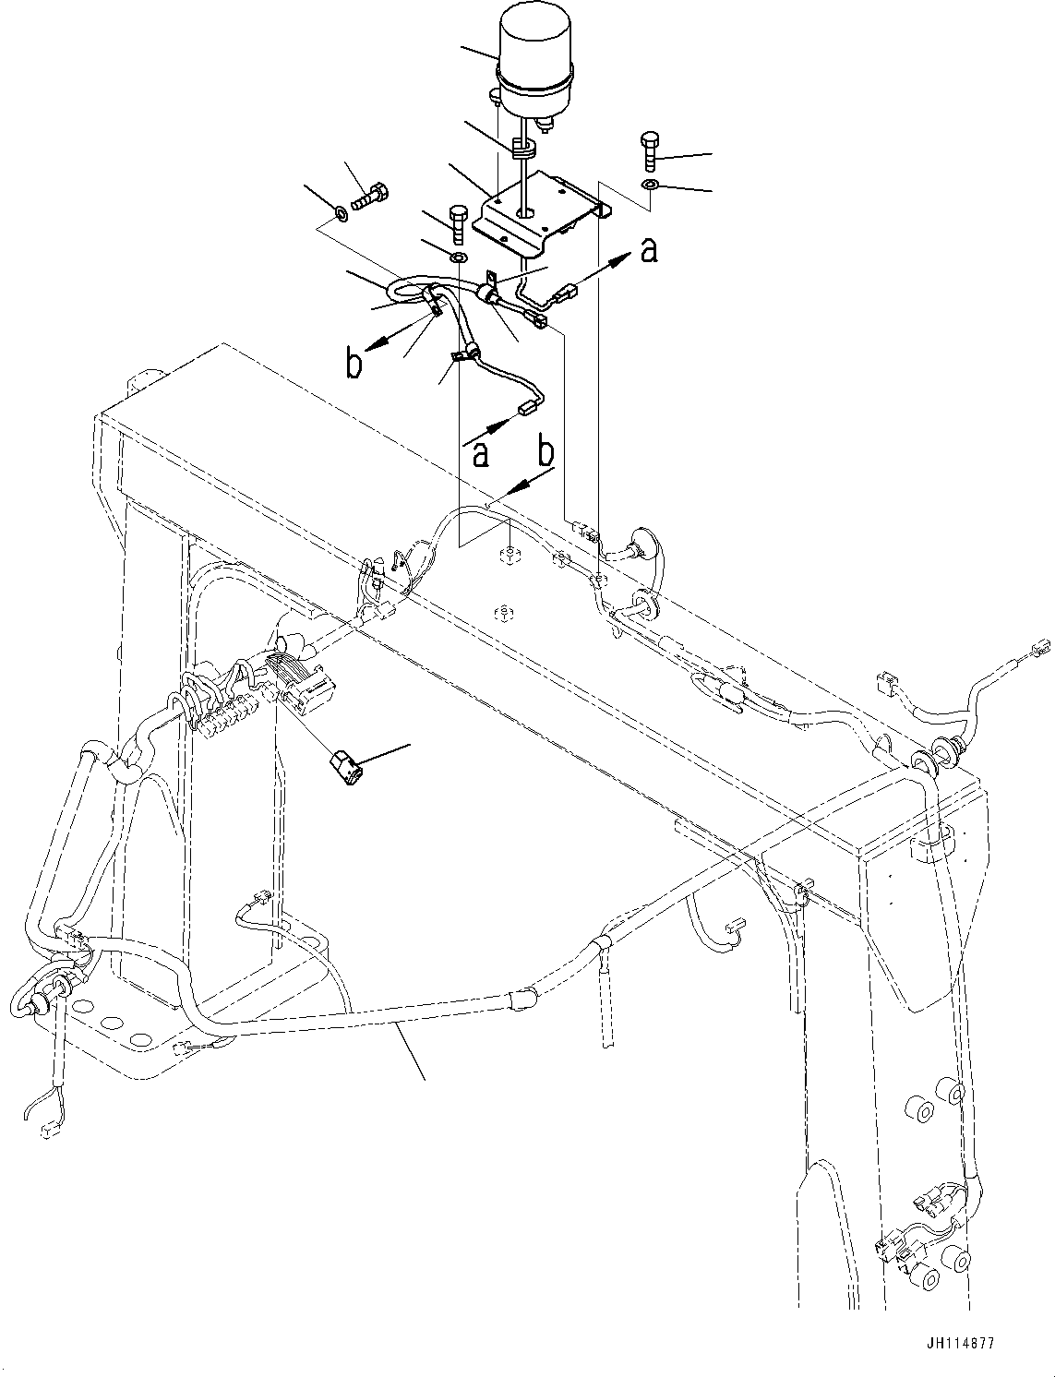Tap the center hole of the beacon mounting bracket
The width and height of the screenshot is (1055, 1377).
click(525, 211)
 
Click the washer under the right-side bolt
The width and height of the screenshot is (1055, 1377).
click(649, 186)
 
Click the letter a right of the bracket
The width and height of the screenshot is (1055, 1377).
click(650, 249)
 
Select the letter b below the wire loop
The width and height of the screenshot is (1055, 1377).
click(354, 364)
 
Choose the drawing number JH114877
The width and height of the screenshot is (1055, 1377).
click(960, 1344)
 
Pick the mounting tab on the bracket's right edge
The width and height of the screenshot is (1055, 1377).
click(605, 210)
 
